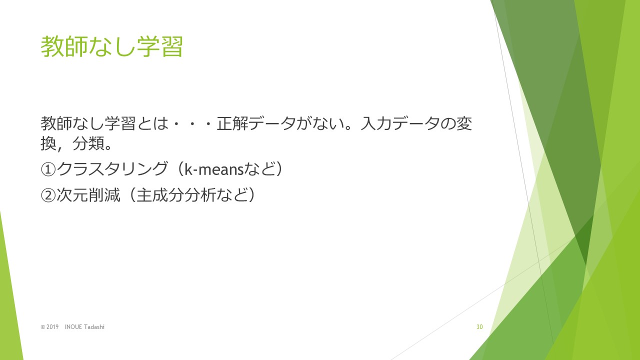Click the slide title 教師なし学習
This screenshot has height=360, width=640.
coord(111,46)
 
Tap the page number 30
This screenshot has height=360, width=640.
coord(479,327)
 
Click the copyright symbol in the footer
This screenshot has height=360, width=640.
coord(43,327)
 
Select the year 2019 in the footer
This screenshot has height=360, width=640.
coord(52,327)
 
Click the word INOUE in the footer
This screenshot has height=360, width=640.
coord(73,327)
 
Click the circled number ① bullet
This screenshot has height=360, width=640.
coord(48,169)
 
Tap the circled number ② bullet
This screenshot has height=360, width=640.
coord(48,195)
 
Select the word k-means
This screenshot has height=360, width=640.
coord(214,169)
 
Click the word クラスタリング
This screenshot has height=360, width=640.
coord(111,169)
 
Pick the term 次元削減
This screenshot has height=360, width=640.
coord(88,195)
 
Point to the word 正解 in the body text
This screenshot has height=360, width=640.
coord(232,123)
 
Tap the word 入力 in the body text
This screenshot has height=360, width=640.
coord(376,123)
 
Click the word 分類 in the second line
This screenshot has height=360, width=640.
coord(88,143)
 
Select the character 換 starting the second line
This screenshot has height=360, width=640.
coord(48,143)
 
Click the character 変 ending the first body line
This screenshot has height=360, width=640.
coord(464,123)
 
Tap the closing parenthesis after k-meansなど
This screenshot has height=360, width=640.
coord(279,169)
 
